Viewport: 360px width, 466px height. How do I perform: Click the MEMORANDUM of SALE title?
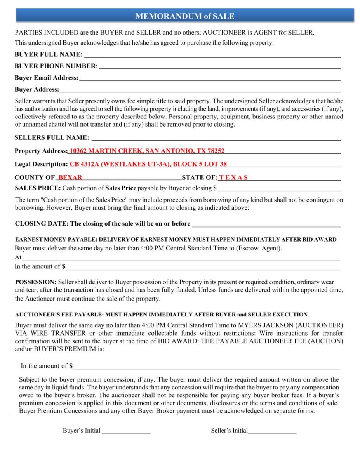184,16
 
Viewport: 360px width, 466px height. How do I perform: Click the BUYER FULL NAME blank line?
212,55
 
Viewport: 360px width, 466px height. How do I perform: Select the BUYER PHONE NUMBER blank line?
220,67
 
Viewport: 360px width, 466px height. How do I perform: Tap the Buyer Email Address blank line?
210,78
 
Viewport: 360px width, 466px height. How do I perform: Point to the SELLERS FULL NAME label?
52,138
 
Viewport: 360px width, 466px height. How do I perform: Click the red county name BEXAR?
70,178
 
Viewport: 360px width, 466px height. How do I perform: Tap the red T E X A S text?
233,178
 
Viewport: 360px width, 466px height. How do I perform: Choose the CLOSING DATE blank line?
266,224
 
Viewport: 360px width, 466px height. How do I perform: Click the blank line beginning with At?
181,257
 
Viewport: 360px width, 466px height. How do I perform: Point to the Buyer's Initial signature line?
126,431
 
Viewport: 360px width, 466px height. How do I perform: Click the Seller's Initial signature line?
272,431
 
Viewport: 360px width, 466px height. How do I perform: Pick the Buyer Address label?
37,90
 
